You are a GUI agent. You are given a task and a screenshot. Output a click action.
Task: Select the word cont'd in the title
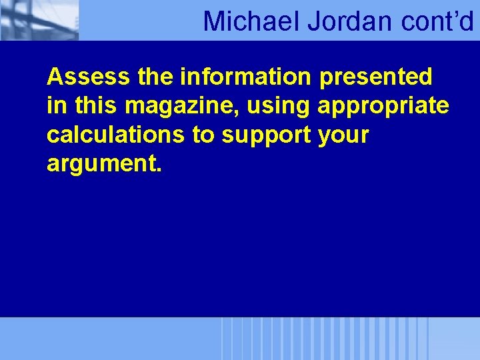pos(438,21)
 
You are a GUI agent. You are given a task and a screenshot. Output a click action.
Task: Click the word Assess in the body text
pos(89,77)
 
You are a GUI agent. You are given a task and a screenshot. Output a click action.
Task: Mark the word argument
pos(101,164)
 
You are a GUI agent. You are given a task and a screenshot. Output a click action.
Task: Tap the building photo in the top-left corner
pos(39,20)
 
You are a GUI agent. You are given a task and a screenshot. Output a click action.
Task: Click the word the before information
pos(157,77)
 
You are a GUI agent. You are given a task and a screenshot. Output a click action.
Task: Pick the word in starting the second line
pos(55,105)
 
